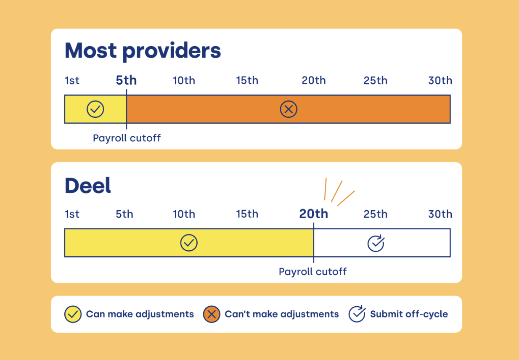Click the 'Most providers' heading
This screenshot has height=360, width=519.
click(x=143, y=51)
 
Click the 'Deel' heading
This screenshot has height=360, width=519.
click(x=87, y=185)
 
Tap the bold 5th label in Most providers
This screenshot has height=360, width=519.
click(x=126, y=80)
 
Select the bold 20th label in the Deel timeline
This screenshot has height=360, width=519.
click(x=313, y=214)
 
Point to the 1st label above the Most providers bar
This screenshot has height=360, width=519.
click(x=72, y=80)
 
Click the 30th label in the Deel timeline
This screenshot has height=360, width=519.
click(x=440, y=214)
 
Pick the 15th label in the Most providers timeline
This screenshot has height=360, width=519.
click(x=247, y=80)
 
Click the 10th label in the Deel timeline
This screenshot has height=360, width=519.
click(x=184, y=214)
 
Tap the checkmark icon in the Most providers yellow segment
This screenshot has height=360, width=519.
click(x=95, y=109)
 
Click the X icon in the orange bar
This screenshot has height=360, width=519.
click(x=289, y=109)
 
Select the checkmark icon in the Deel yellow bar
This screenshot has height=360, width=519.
click(x=189, y=243)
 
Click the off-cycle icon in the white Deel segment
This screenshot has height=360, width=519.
click(x=376, y=243)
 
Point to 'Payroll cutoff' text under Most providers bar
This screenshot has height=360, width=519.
click(x=127, y=138)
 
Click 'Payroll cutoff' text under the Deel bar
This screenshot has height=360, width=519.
click(x=312, y=272)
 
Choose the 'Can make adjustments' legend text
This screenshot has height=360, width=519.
click(x=140, y=314)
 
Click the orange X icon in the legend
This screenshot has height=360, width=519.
click(x=212, y=314)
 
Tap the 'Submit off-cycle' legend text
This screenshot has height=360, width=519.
click(x=409, y=314)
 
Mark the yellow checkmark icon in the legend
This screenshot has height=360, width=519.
click(x=73, y=314)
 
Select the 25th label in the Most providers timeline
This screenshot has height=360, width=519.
click(x=375, y=80)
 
